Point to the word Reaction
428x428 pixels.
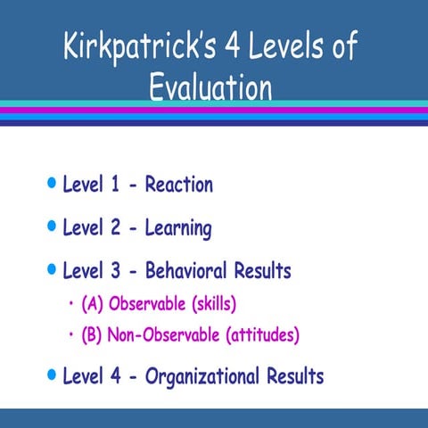coord(178,185)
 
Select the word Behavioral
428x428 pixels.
coord(185,270)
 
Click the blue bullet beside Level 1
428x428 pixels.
coord(51,185)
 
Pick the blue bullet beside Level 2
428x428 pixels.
coord(51,227)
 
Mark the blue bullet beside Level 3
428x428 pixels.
coord(51,269)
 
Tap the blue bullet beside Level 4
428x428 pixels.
coord(51,374)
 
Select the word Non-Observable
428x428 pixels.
coord(164,335)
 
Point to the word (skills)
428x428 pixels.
coord(209,304)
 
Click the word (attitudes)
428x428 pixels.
coord(262,335)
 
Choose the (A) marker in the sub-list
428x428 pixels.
coord(93,304)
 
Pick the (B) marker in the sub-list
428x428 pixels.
coord(93,335)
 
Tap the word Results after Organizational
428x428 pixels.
coord(295,375)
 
